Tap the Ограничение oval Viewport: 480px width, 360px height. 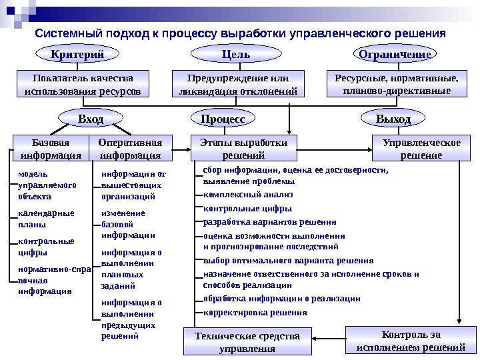click(x=395, y=54)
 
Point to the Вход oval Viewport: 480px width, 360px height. click(x=91, y=119)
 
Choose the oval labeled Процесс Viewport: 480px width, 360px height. click(x=223, y=119)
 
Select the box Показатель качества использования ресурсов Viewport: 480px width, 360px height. click(x=83, y=84)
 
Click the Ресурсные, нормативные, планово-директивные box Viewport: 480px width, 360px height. click(x=396, y=84)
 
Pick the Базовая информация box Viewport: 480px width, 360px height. click(x=51, y=149)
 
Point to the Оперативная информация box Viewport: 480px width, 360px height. click(x=130, y=149)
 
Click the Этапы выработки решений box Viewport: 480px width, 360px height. click(x=244, y=149)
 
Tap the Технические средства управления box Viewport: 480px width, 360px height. click(x=248, y=341)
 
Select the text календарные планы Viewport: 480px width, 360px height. click(x=46, y=219)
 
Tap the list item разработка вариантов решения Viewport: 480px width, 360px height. click(x=269, y=222)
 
